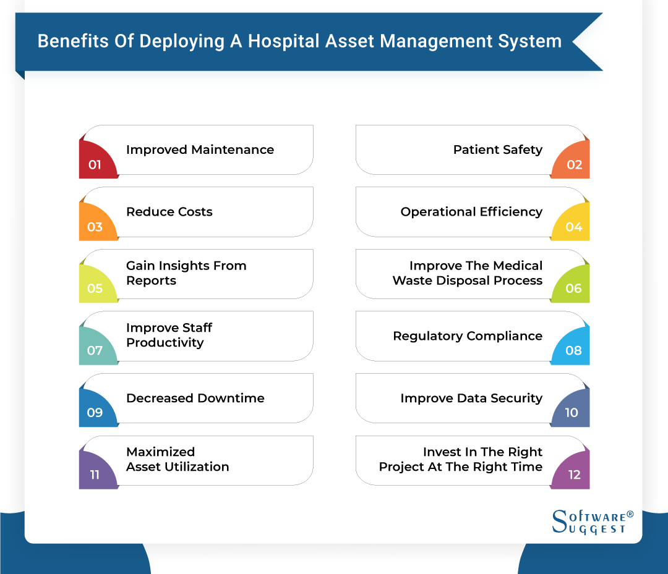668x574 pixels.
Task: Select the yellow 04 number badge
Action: point(572,225)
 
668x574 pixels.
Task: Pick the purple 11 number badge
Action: point(96,473)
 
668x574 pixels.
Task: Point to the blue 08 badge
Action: point(572,349)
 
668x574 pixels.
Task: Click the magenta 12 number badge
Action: point(572,473)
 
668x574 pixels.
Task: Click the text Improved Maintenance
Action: point(200,150)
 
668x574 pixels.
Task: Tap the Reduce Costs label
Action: point(169,212)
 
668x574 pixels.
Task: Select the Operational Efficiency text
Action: point(471,212)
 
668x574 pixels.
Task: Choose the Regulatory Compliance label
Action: point(468,336)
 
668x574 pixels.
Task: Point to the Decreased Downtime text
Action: point(195,399)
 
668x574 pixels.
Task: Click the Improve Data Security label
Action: point(471,399)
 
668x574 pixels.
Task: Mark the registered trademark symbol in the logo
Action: point(630,514)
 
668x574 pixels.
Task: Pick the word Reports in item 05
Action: point(151,281)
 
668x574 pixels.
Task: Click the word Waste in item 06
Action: point(412,281)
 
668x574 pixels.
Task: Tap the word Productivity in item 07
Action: point(165,343)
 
